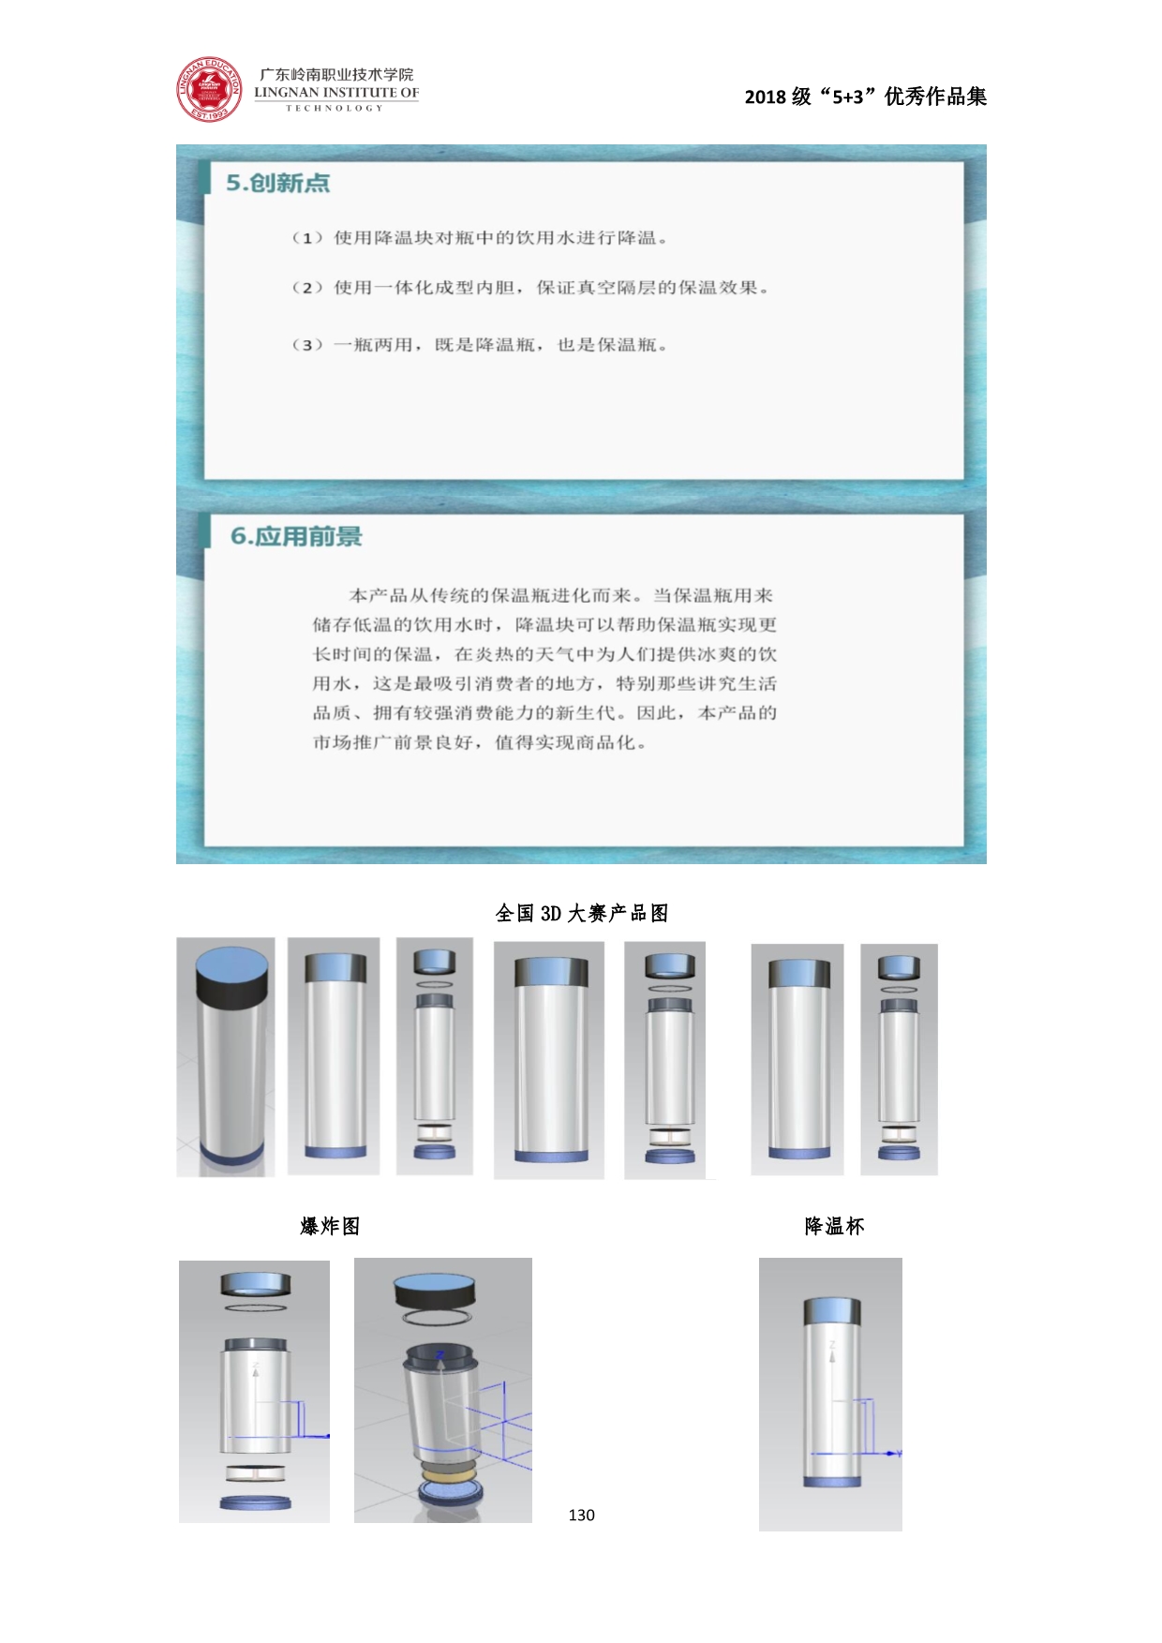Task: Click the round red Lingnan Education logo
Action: click(210, 90)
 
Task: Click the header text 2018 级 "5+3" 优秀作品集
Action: click(866, 97)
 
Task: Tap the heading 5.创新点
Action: click(278, 183)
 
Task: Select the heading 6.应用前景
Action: click(296, 536)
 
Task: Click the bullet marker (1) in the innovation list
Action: click(307, 238)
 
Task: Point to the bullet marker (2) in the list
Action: click(307, 288)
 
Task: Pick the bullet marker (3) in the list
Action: click(307, 345)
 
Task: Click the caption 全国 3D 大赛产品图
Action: click(582, 913)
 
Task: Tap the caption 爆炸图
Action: click(330, 1226)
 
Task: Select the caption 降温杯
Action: click(834, 1226)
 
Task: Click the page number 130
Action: click(581, 1515)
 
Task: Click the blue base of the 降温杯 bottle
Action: click(832, 1482)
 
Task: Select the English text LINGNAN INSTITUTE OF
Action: click(336, 93)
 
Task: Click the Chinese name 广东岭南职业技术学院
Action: click(336, 74)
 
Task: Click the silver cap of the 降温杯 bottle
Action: click(832, 1310)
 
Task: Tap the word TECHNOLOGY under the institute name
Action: click(335, 108)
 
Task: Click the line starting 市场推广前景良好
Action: click(480, 742)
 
